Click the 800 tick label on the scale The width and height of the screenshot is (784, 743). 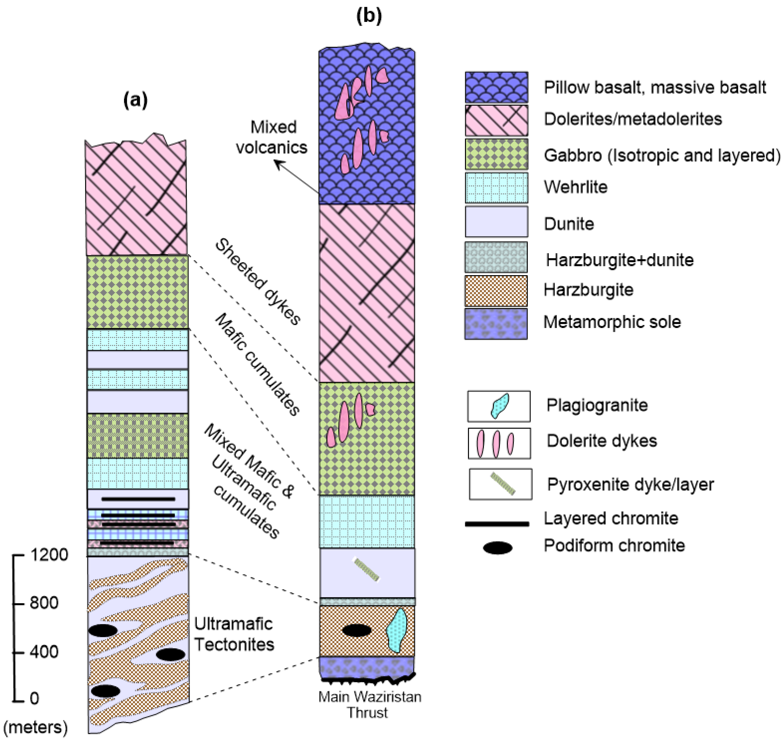44,603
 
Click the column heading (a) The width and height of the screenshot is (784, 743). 135,100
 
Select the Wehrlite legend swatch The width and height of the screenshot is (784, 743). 496,187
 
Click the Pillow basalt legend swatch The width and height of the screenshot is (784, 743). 496,87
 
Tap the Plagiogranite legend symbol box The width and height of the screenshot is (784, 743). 498,406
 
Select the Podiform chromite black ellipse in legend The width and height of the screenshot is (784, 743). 498,548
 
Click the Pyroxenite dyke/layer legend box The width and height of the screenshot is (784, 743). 500,484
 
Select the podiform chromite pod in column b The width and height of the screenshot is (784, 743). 356,631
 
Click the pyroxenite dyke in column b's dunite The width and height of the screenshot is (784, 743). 366,569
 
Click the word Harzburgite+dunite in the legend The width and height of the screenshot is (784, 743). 620,260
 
